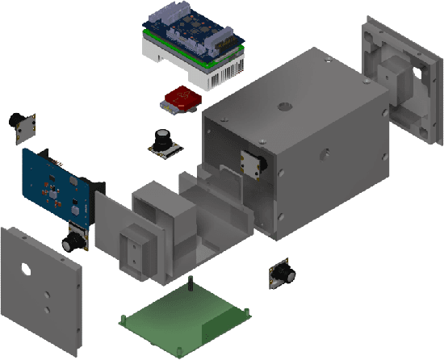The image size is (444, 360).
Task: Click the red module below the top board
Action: pos(182,99)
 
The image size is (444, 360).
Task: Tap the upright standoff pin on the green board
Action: pos(191,285)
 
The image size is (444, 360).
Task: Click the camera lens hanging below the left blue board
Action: pos(74,239)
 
